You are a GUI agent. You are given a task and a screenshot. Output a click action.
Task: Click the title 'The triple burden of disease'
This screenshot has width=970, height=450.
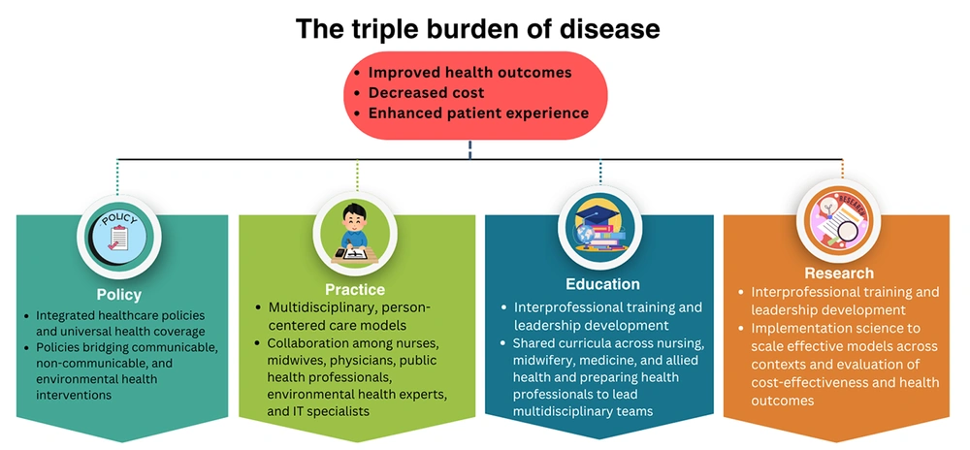point(477,29)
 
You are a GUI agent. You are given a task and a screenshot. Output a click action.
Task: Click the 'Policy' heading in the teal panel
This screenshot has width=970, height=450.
point(118,294)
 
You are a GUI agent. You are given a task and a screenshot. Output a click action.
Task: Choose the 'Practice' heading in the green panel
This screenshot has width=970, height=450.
point(355,289)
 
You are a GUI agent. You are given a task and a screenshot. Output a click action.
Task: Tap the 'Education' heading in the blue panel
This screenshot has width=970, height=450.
point(602,284)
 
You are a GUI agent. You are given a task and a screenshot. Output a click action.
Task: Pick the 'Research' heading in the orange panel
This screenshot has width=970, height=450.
point(838,273)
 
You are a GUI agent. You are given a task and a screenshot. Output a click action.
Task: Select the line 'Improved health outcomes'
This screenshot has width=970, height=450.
point(470,73)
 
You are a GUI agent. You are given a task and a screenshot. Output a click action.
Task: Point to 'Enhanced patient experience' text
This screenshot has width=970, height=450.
point(478,112)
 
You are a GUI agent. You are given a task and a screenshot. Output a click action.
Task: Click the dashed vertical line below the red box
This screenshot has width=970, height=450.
point(469,149)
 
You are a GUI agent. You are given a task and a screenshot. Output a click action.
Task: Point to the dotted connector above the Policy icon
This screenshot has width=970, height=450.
point(117,177)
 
